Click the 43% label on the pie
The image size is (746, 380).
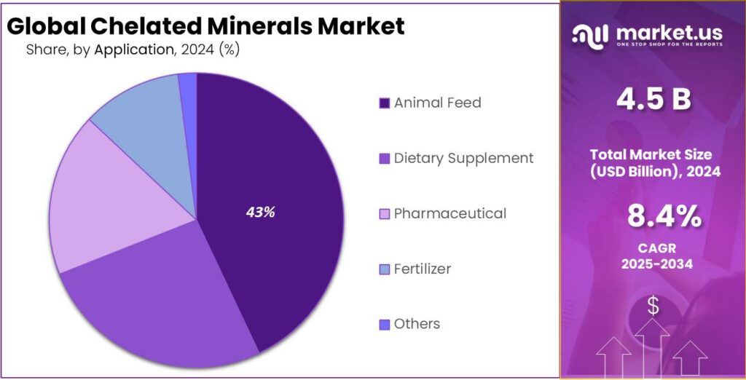pos(260,213)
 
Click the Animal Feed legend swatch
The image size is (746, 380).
pos(384,103)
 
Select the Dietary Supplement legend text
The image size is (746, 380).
pos(463,158)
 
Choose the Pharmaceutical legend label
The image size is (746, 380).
pos(449,213)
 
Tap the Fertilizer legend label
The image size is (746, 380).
pos(422,269)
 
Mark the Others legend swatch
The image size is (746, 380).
pos(384,325)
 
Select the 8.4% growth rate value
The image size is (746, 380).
pos(653,216)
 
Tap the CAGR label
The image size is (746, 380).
pos(653,248)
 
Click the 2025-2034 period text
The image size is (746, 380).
pos(653,264)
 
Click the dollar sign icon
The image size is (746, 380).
pos(653,307)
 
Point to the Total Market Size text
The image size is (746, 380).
pos(653,154)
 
